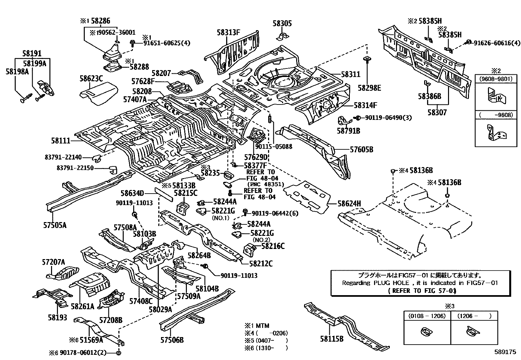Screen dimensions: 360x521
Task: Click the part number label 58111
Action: (61, 141)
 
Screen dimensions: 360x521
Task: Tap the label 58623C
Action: (91, 78)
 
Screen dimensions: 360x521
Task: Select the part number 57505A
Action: (55, 225)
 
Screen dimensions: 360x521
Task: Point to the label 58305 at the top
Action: (282, 24)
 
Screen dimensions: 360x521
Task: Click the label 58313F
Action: (228, 32)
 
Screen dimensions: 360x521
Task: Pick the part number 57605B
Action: (361, 150)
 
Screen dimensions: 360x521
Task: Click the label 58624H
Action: (349, 204)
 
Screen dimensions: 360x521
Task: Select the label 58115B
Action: (332, 339)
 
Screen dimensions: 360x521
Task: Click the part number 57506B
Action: (172, 340)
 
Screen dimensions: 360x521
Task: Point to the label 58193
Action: (57, 317)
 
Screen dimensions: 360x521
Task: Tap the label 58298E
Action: (369, 88)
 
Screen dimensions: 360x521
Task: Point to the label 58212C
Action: (260, 263)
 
